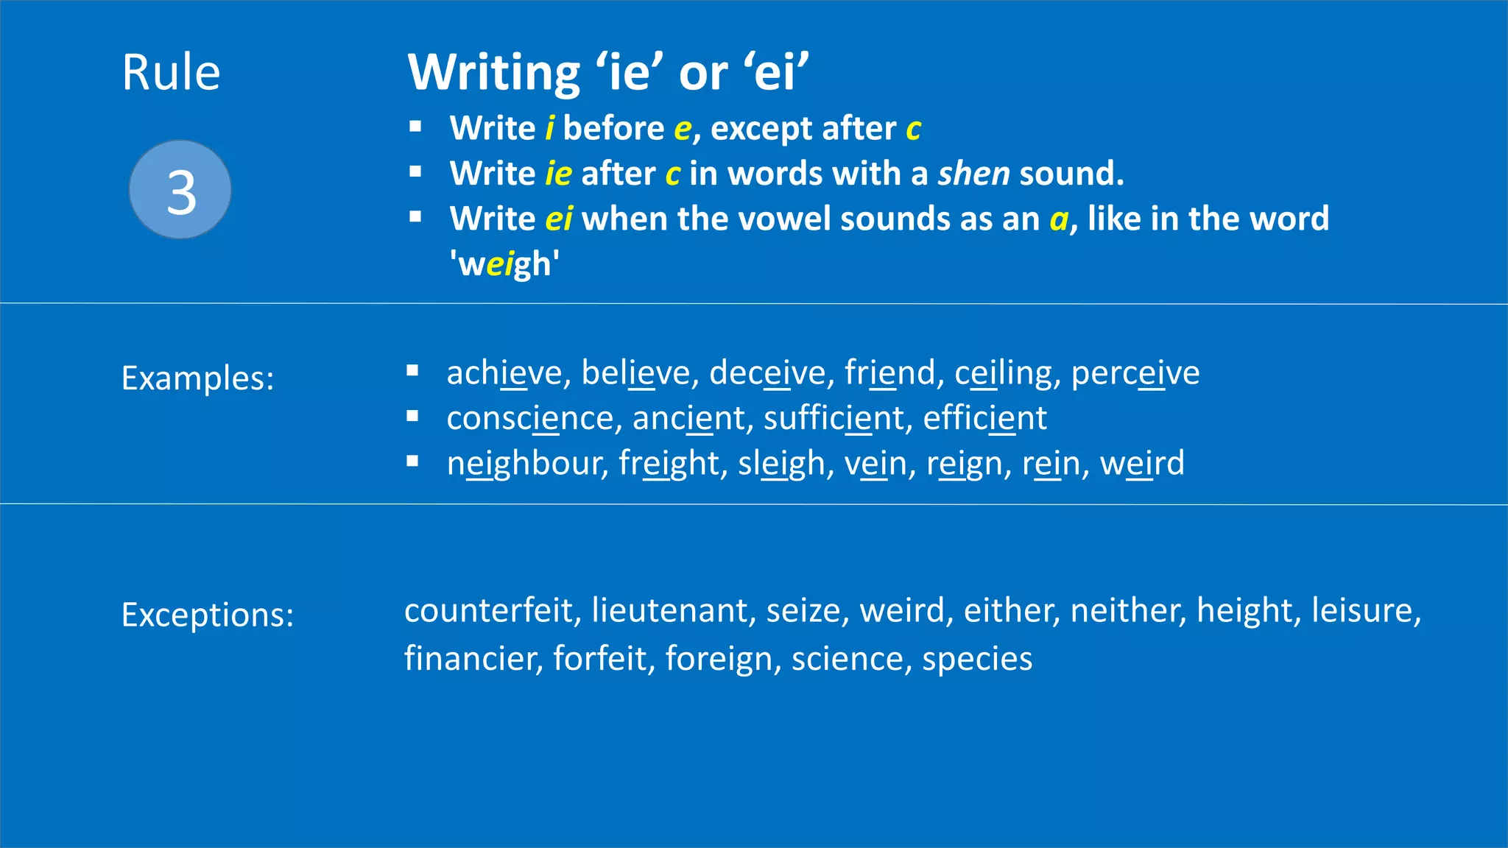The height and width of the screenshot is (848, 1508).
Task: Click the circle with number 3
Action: (x=180, y=190)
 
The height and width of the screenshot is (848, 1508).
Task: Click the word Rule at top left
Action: (x=171, y=73)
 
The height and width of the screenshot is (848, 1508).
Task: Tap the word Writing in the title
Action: (x=494, y=73)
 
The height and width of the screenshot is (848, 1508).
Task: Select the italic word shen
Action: (x=973, y=174)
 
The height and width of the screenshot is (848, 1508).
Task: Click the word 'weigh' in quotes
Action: (x=504, y=264)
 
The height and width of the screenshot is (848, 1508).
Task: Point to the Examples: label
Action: (x=197, y=378)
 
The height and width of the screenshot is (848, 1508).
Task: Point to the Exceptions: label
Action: (x=208, y=615)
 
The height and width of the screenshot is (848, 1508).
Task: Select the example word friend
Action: (x=889, y=372)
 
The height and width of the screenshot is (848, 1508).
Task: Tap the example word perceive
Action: (x=1135, y=372)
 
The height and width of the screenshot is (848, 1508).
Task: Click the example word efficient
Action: (x=984, y=418)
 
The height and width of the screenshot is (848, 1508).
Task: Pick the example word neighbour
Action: (x=526, y=464)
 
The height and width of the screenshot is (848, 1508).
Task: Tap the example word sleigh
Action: (x=781, y=464)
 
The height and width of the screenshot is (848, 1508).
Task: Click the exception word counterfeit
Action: (x=488, y=610)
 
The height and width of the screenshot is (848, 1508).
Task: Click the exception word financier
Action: (x=472, y=658)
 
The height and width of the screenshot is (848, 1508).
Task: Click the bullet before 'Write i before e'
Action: (x=415, y=127)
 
